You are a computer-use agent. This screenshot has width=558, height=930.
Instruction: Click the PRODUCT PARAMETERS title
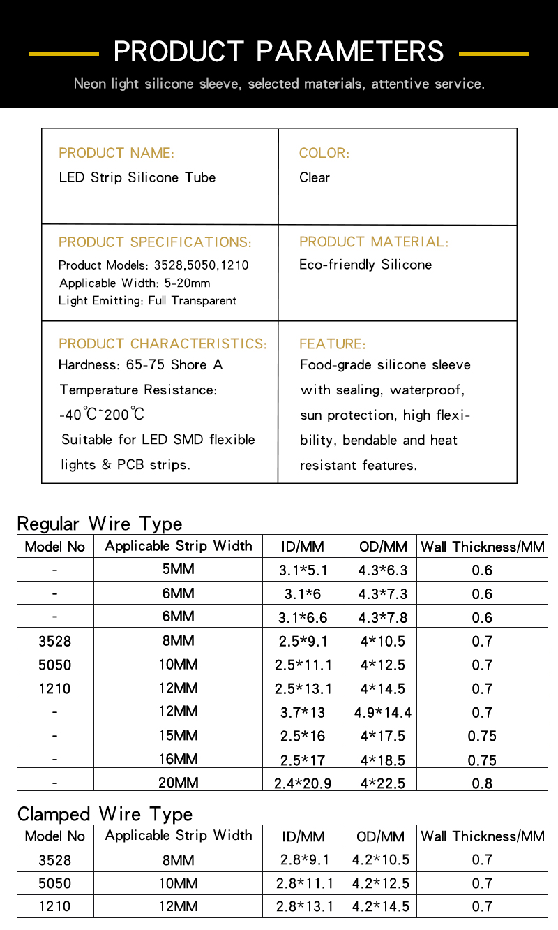tap(278, 52)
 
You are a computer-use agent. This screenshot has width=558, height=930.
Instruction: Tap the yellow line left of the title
tap(63, 53)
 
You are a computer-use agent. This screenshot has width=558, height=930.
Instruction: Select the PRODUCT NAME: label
tap(116, 153)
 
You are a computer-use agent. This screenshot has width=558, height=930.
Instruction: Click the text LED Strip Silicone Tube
tap(137, 177)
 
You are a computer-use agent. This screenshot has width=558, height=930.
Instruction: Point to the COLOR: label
tap(324, 153)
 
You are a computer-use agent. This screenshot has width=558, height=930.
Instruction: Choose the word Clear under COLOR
tap(315, 177)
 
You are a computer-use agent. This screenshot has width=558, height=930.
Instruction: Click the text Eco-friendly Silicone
tap(365, 265)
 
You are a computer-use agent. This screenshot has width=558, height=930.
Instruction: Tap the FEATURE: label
tap(332, 344)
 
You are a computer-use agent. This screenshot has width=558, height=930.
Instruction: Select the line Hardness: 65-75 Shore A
tap(141, 364)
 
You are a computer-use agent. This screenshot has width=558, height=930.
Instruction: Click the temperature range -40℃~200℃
tap(102, 415)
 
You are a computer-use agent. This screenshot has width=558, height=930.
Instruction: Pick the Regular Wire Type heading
tap(100, 524)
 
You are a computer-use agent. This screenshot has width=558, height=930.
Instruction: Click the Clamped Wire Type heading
tap(105, 814)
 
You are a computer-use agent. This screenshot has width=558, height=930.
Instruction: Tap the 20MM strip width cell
tap(178, 783)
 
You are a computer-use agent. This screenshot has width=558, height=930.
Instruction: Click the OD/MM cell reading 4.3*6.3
tap(383, 570)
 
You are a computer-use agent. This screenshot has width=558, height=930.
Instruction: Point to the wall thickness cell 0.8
tap(482, 783)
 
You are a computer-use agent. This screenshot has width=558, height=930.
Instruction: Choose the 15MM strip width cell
tap(178, 735)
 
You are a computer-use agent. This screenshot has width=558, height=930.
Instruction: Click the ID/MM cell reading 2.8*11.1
tap(305, 883)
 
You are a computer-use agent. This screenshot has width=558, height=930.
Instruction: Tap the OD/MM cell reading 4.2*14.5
tap(381, 907)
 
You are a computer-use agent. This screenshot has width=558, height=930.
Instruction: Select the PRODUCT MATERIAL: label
tap(374, 242)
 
